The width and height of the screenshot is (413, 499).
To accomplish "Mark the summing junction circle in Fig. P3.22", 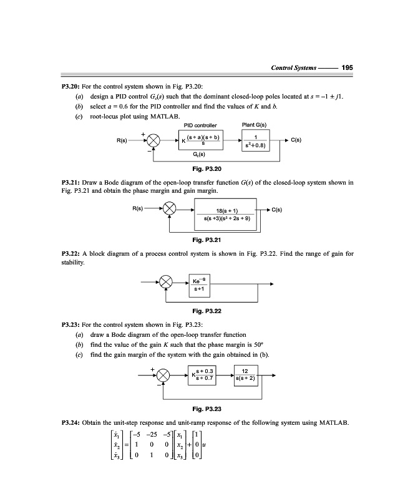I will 165,284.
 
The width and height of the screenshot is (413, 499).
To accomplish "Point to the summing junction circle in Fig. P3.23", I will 163,375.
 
